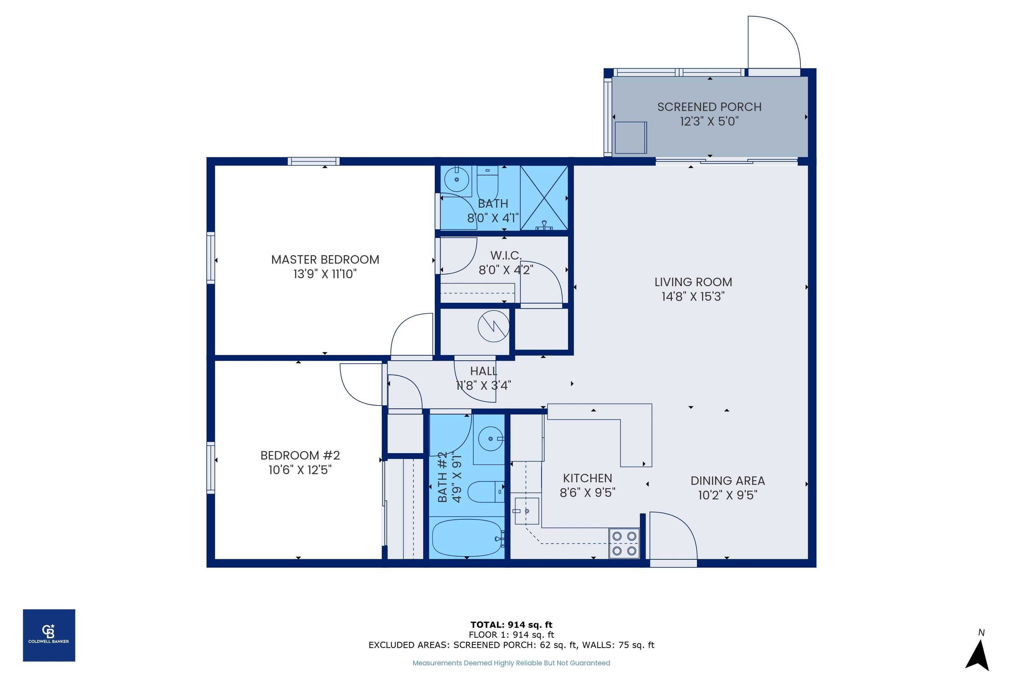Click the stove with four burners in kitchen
[x=624, y=543]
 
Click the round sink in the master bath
[x=456, y=180]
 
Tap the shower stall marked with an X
[x=544, y=198]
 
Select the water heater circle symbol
[x=493, y=326]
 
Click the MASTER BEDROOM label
[x=325, y=260]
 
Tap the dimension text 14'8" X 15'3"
[x=693, y=297]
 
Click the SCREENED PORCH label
[x=709, y=107]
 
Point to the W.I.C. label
[x=505, y=255]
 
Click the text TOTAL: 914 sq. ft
[x=511, y=625]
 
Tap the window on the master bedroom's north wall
[x=313, y=161]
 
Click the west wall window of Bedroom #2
[x=210, y=468]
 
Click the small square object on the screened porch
[x=630, y=137]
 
